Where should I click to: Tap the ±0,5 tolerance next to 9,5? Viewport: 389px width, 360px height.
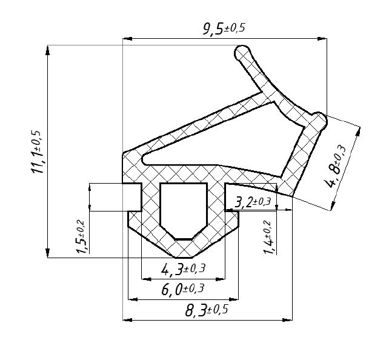pyautogui.click(x=234, y=28)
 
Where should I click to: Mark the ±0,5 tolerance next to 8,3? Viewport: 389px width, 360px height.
pyautogui.click(x=217, y=310)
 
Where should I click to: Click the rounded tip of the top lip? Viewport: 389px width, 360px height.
pyautogui.click(x=242, y=52)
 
